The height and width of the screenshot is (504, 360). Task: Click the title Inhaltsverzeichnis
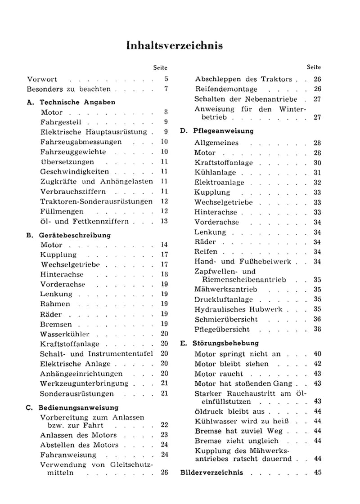(175, 46)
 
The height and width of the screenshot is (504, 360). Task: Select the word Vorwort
(42, 79)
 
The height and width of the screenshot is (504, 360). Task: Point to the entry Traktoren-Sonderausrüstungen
(96, 201)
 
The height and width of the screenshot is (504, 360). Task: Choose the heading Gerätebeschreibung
(75, 235)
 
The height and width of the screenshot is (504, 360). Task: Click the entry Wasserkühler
(65, 334)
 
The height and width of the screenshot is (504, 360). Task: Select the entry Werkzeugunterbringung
(84, 384)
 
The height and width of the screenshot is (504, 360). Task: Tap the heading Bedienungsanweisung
(78, 408)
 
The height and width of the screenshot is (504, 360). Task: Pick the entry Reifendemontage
(225, 89)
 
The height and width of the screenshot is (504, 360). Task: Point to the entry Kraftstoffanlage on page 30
(223, 163)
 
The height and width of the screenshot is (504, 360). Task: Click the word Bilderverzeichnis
(211, 473)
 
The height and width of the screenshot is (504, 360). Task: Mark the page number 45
(318, 473)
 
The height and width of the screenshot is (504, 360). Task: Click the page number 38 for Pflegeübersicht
(318, 329)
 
